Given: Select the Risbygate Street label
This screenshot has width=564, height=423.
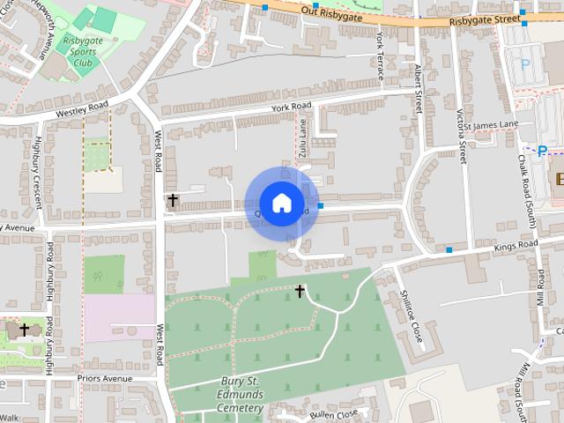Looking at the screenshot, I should click(485, 19).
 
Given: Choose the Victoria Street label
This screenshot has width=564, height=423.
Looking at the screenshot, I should click(461, 137).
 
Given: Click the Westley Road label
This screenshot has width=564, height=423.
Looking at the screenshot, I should click(81, 110).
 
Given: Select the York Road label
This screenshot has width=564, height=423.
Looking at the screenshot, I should click(293, 108).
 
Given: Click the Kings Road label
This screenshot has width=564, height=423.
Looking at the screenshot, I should click(516, 244).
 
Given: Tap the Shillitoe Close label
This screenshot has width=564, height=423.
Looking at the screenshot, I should click(411, 316).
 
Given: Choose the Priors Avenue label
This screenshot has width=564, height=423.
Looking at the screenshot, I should click(104, 378).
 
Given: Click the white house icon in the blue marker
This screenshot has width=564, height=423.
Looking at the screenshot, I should click(281, 203).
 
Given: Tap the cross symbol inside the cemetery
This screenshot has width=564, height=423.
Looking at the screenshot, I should click(300, 290).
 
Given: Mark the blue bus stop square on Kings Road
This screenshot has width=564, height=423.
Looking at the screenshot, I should click(449, 250).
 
